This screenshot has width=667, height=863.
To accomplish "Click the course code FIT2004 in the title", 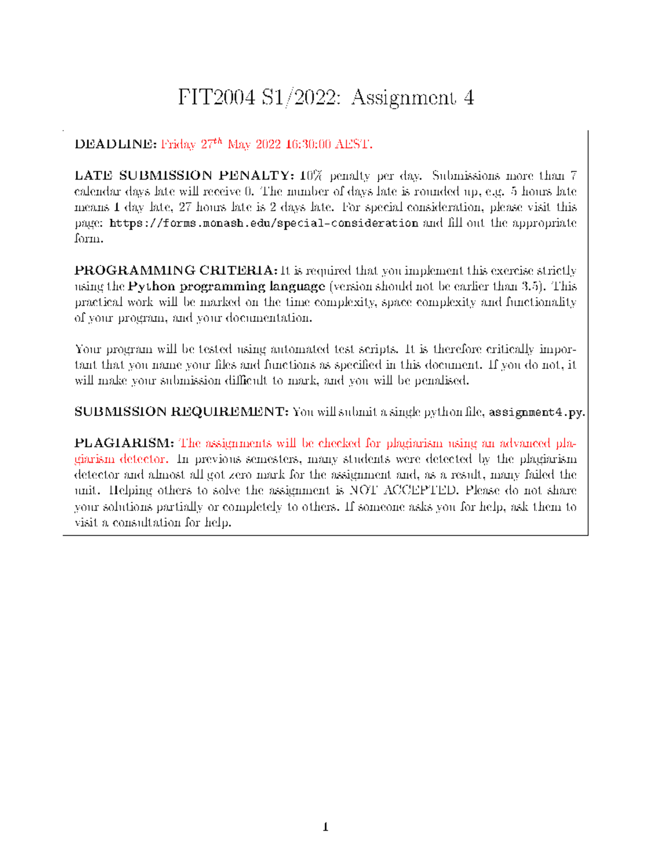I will click(x=217, y=98).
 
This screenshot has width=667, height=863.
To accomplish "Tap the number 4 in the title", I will click(x=469, y=98).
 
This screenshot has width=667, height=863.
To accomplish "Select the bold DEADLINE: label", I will click(x=116, y=144).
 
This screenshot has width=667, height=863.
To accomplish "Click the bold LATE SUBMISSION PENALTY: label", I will click(x=184, y=176).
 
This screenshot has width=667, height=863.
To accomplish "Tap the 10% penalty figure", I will click(x=311, y=176).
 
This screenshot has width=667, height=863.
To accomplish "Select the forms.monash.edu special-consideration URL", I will click(x=264, y=223).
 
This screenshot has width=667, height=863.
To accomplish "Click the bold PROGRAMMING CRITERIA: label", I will click(x=176, y=271).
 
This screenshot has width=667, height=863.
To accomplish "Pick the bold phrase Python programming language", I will click(x=226, y=287).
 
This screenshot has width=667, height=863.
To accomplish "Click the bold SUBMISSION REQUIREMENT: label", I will click(x=181, y=412).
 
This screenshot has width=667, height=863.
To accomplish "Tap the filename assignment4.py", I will click(x=536, y=412).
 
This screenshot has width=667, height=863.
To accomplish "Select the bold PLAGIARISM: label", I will click(x=125, y=443).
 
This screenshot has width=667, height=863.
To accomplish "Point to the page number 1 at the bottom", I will click(x=326, y=827).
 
